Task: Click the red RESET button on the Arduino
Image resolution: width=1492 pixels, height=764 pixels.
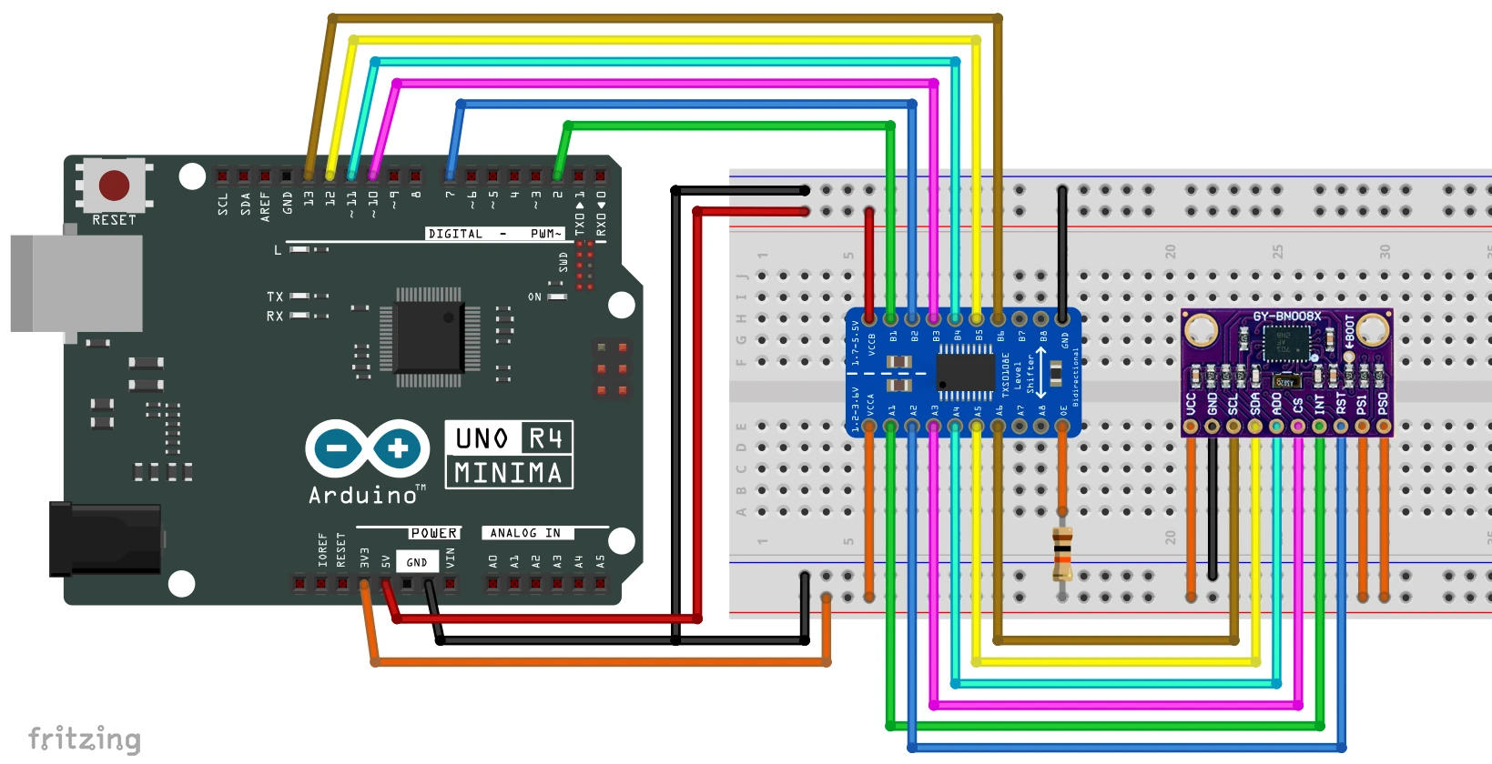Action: click(114, 185)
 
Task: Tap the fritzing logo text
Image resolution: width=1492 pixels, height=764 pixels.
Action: click(85, 739)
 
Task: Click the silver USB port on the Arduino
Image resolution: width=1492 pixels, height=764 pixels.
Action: click(76, 283)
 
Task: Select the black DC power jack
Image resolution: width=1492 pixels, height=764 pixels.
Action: click(105, 539)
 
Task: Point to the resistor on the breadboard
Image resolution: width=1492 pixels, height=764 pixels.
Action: click(1062, 554)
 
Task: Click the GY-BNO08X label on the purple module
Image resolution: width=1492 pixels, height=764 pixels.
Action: click(1286, 317)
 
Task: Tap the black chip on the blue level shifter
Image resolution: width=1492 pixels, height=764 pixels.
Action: click(965, 372)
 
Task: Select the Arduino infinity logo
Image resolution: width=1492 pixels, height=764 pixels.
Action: click(368, 448)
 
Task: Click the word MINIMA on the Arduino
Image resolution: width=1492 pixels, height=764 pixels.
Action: click(508, 473)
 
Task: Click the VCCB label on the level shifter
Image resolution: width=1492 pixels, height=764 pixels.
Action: click(871, 344)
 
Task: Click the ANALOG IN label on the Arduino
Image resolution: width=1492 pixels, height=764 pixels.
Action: click(525, 533)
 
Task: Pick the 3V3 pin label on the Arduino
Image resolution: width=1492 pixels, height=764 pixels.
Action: click(364, 557)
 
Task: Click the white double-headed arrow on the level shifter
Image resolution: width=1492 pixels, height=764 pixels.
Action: click(1040, 372)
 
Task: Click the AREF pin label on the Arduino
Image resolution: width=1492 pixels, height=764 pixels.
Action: click(265, 206)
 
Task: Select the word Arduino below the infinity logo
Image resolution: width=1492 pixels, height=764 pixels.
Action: click(362, 496)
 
